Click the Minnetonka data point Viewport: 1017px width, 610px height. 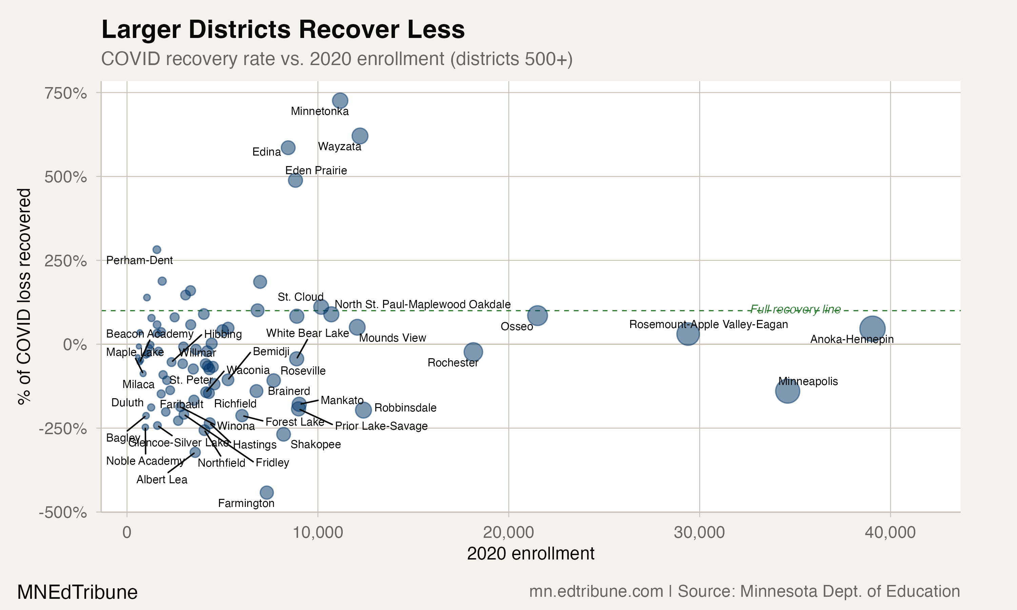(340, 100)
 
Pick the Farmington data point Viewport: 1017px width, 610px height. (267, 492)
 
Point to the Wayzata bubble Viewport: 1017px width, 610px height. (360, 136)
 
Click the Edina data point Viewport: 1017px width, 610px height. (288, 147)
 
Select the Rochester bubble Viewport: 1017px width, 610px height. (473, 352)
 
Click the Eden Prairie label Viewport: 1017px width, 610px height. (316, 170)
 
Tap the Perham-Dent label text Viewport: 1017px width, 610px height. (139, 260)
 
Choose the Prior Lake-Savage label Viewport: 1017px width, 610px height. (381, 426)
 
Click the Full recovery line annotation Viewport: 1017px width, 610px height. (795, 309)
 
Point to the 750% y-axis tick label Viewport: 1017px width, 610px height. (66, 93)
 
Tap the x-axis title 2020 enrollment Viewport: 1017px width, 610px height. (530, 554)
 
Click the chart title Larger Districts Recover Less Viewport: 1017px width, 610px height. (283, 29)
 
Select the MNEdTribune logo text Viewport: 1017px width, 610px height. (77, 592)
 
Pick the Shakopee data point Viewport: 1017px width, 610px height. (283, 434)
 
